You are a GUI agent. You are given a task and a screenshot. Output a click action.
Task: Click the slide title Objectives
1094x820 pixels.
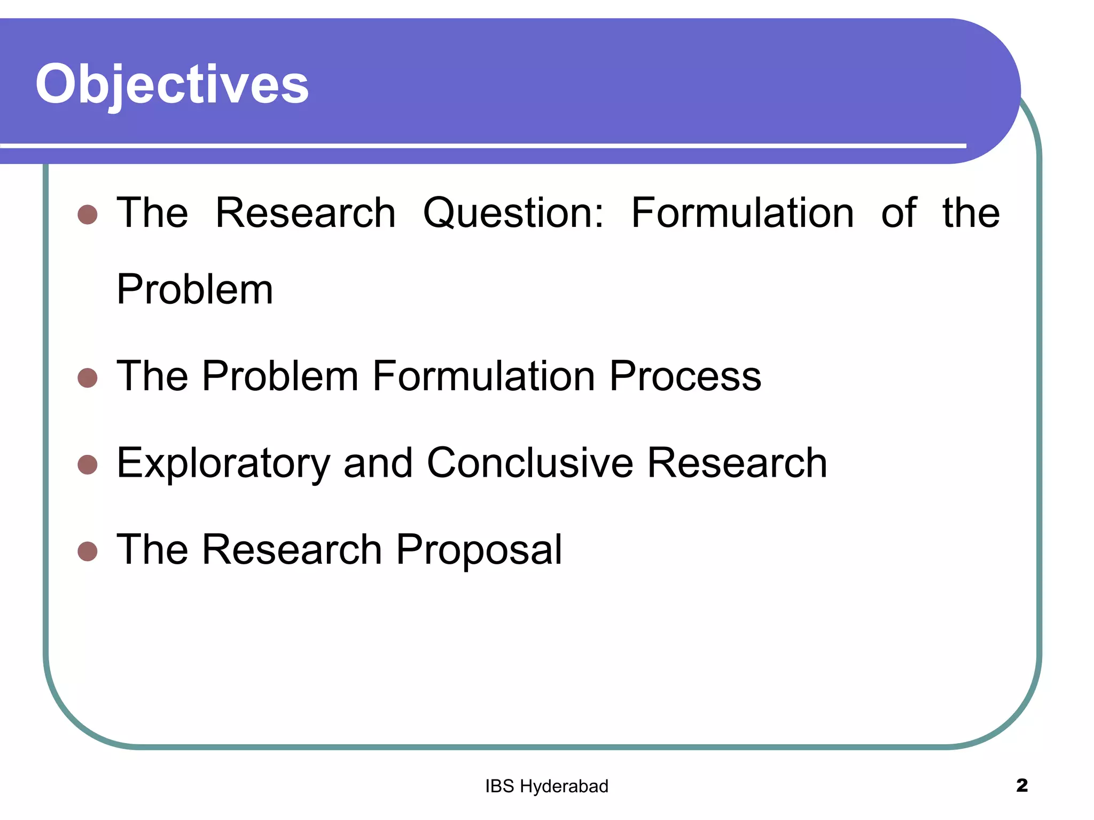pyautogui.click(x=172, y=84)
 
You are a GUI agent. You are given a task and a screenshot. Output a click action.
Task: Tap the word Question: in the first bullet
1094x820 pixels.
pyautogui.click(x=513, y=214)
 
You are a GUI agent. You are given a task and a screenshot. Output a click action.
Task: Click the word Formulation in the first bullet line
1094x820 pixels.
pyautogui.click(x=743, y=214)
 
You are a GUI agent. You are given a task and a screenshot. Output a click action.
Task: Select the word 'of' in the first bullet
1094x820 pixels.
pyautogui.click(x=898, y=214)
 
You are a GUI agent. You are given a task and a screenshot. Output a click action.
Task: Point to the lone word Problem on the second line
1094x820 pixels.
pyautogui.click(x=195, y=290)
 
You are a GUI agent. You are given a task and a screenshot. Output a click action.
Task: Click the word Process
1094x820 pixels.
pyautogui.click(x=685, y=376)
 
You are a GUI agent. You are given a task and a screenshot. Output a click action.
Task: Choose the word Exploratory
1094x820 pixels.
pyautogui.click(x=223, y=463)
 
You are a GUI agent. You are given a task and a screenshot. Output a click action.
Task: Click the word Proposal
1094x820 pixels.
pyautogui.click(x=479, y=550)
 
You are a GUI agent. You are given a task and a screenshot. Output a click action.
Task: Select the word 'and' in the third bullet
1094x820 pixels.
pyautogui.click(x=378, y=463)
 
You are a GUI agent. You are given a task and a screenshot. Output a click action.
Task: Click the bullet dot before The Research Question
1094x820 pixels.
pyautogui.click(x=88, y=215)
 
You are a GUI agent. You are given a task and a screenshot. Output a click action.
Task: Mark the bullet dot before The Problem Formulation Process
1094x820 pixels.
pyautogui.click(x=88, y=377)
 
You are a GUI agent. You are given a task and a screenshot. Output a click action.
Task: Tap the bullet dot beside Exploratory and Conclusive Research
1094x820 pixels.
pyautogui.click(x=88, y=464)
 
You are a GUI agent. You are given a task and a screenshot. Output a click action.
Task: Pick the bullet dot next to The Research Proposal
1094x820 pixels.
pyautogui.click(x=88, y=551)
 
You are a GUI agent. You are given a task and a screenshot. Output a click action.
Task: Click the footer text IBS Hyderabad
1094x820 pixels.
pyautogui.click(x=546, y=786)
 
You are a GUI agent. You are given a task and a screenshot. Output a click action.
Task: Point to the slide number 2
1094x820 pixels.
pyautogui.click(x=1021, y=785)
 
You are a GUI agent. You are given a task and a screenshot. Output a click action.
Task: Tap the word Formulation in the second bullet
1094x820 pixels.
pyautogui.click(x=483, y=376)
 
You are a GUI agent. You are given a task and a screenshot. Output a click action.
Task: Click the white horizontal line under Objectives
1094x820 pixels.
pyautogui.click(x=481, y=146)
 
